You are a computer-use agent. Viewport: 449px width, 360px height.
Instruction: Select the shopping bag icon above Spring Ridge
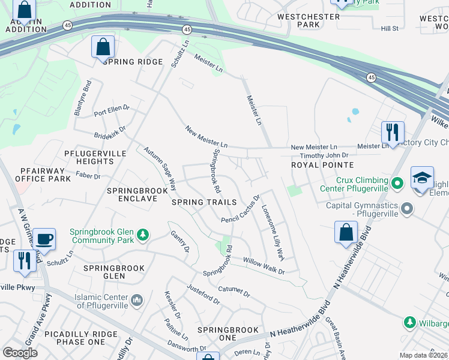coord(103,46)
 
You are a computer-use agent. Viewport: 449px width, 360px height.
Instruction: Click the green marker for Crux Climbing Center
coord(396,182)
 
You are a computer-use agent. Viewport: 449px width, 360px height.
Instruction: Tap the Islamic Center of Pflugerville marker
coord(137,299)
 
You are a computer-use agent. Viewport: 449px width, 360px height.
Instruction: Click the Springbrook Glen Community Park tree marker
coord(143,234)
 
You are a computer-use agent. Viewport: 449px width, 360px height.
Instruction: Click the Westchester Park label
coord(309,21)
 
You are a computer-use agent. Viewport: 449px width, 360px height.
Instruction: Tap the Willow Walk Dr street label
coord(263,266)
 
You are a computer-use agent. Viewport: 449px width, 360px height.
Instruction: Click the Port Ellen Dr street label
coord(111,110)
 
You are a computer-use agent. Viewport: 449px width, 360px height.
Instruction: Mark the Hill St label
coord(390,28)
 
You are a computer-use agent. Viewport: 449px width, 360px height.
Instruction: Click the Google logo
coord(20,353)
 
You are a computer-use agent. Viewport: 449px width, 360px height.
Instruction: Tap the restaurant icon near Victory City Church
coord(393,131)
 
